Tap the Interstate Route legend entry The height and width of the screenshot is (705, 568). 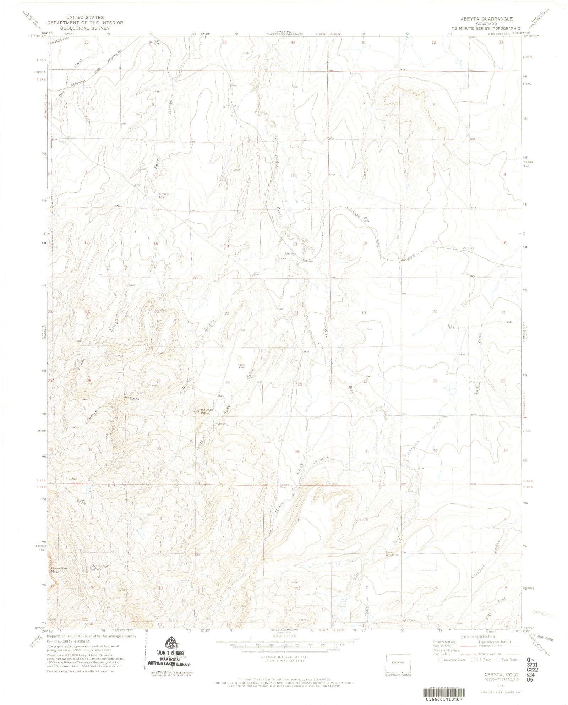(x=452, y=660)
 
